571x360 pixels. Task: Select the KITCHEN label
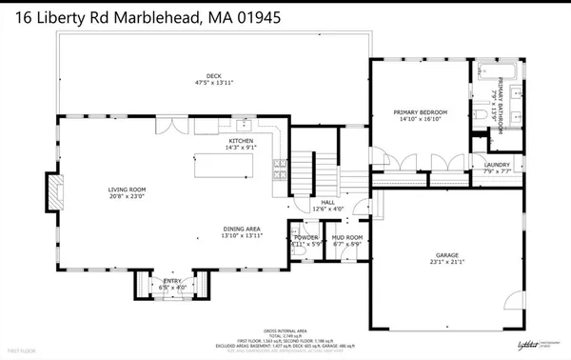(x=240, y=140)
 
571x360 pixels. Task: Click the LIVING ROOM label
(x=126, y=190)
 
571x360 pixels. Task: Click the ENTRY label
(x=172, y=281)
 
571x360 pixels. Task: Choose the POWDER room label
(x=306, y=236)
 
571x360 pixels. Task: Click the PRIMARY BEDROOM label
(x=420, y=112)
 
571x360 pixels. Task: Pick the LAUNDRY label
(x=497, y=164)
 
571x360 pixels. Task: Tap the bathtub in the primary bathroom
(x=496, y=71)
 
